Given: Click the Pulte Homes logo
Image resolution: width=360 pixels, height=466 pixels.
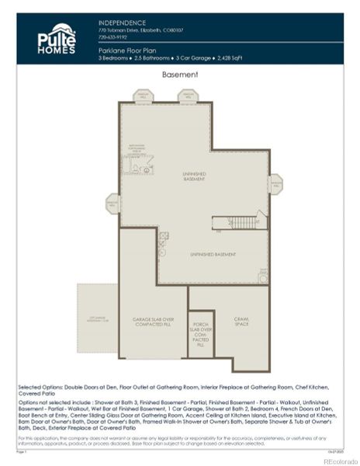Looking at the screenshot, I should [x=57, y=39].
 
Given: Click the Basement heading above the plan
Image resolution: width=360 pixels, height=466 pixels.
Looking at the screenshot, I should [x=179, y=75].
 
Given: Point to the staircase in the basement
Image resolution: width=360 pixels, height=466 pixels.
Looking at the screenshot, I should [x=244, y=222].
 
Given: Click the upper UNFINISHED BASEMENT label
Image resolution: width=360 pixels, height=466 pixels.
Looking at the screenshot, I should [x=195, y=177].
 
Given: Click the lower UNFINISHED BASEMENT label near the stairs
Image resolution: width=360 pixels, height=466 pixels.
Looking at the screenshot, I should [x=213, y=255].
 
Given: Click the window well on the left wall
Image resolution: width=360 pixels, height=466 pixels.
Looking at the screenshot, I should [x=112, y=203].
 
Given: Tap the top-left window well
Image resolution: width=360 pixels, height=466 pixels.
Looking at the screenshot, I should [x=144, y=96].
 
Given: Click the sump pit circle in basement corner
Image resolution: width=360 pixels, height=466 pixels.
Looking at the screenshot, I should [x=264, y=275].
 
